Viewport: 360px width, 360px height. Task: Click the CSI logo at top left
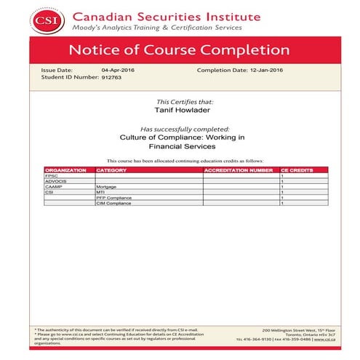[x=52, y=17]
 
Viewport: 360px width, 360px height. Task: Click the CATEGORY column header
[x=111, y=170]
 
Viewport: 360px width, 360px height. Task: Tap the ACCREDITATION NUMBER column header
[x=239, y=170]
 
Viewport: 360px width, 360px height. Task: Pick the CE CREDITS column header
[x=297, y=170]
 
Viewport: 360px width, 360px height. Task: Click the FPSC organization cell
[x=52, y=176]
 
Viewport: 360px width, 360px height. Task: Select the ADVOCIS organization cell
[x=56, y=181]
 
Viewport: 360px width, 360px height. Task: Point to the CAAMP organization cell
[x=54, y=187]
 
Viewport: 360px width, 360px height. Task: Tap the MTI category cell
[x=100, y=192]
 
